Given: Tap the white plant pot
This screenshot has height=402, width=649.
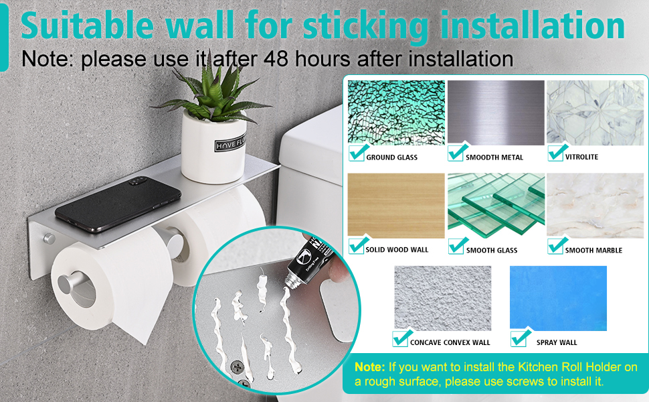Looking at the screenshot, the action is (214, 147).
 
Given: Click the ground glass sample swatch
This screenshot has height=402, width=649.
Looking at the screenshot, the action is (396, 113).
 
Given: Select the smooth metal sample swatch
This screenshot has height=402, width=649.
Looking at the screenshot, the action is (496, 113).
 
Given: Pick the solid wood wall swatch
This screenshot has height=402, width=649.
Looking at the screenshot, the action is (396, 206).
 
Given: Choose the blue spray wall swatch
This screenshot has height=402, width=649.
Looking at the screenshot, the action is (558, 298).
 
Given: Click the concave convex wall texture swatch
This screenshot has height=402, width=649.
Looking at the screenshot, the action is (443, 298).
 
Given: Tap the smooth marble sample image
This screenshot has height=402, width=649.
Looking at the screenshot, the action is (595, 206).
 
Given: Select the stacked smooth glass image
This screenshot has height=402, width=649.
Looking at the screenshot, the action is (496, 206).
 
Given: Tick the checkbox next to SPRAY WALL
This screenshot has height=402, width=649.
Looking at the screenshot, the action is (520, 338).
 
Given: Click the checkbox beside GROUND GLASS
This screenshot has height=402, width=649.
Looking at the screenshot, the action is (357, 153).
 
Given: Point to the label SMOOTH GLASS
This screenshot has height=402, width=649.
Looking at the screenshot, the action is (492, 251).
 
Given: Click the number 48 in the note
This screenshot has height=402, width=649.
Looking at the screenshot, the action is (276, 58).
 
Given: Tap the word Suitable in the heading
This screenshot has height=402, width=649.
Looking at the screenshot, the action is (87, 25).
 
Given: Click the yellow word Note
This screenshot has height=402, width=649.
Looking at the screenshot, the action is (369, 366).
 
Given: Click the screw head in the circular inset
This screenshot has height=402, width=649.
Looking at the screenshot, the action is (237, 366).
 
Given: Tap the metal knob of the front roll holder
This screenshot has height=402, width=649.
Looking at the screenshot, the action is (68, 283).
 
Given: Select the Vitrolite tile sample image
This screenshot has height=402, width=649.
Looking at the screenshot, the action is (595, 113).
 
